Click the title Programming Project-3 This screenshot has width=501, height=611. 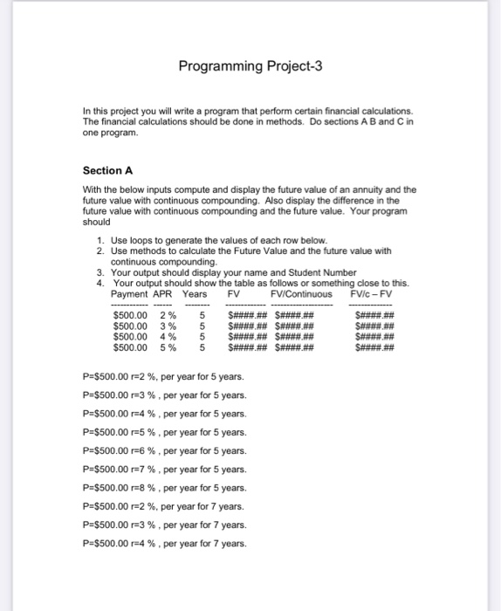pyautogui.click(x=250, y=65)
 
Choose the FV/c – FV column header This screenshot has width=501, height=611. pyautogui.click(x=371, y=294)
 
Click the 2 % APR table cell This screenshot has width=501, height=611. pyautogui.click(x=168, y=315)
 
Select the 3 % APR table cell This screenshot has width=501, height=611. pyautogui.click(x=168, y=326)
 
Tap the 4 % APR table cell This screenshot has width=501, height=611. pyautogui.click(x=168, y=336)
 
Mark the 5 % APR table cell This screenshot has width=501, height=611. pyautogui.click(x=168, y=347)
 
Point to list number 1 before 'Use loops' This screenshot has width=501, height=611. pyautogui.click(x=102, y=239)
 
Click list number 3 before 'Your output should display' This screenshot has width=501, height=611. pyautogui.click(x=102, y=272)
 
